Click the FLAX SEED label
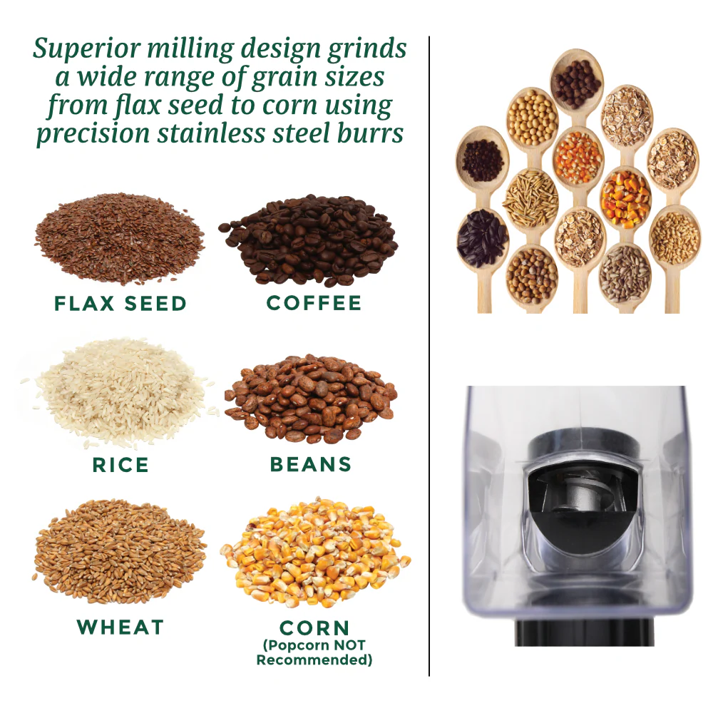[x=120, y=304]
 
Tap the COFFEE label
[x=314, y=303]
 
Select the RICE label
[x=121, y=466]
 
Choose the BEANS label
[x=311, y=465]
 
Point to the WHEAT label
[x=120, y=627]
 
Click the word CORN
[x=314, y=628]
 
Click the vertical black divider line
[x=430, y=356]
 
